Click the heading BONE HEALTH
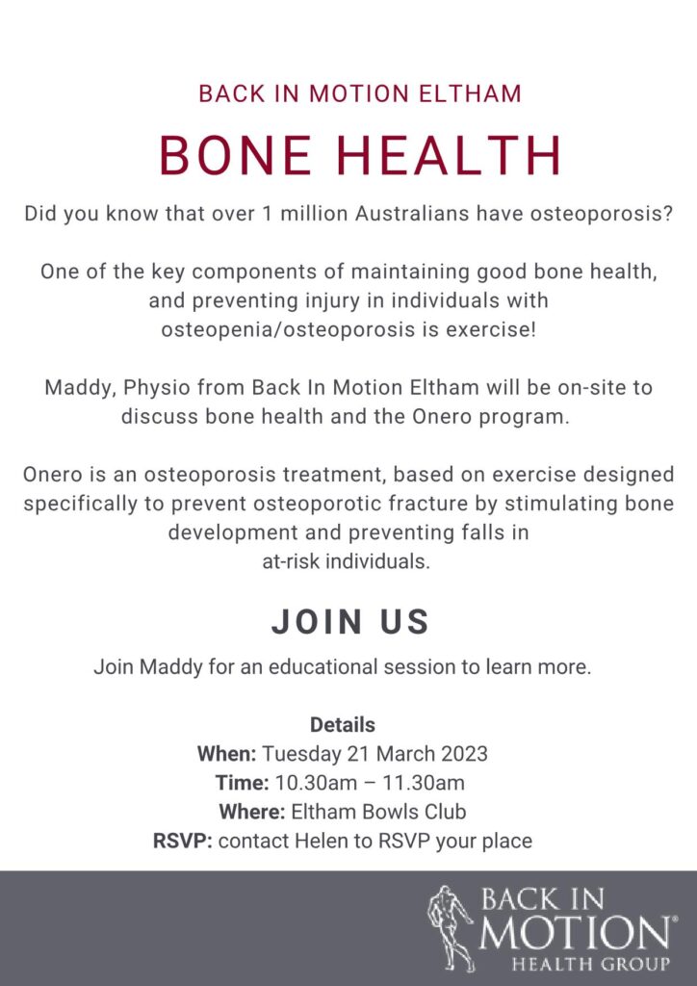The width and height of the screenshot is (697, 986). pyautogui.click(x=359, y=155)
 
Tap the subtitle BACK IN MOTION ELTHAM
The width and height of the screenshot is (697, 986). pyautogui.click(x=360, y=94)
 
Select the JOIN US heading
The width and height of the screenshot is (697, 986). pyautogui.click(x=350, y=621)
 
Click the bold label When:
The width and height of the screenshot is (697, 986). pyautogui.click(x=227, y=753)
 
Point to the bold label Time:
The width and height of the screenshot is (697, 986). pyautogui.click(x=242, y=782)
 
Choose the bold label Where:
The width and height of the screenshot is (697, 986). pyautogui.click(x=252, y=811)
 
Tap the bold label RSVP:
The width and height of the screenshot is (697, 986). pyautogui.click(x=183, y=841)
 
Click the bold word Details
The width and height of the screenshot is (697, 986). pyautogui.click(x=343, y=724)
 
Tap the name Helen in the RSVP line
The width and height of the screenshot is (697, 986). pyautogui.click(x=334, y=841)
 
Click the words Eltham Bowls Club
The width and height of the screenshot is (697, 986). pyautogui.click(x=378, y=811)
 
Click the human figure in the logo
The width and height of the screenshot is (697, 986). pyautogui.click(x=450, y=928)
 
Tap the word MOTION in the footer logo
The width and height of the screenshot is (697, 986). pyautogui.click(x=575, y=932)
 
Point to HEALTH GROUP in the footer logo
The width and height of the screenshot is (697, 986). pyautogui.click(x=590, y=963)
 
